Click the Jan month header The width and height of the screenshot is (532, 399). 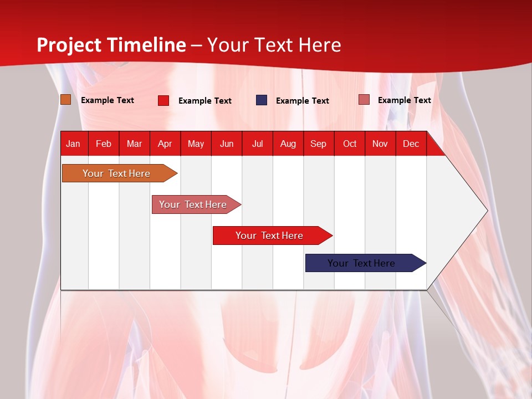pyautogui.click(x=73, y=144)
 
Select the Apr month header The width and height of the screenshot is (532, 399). pyautogui.click(x=165, y=144)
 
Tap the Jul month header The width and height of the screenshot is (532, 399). pyautogui.click(x=257, y=144)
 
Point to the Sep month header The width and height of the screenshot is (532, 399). pyautogui.click(x=318, y=144)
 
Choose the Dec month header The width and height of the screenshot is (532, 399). pyautogui.click(x=411, y=144)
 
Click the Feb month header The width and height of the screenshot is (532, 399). pyautogui.click(x=104, y=144)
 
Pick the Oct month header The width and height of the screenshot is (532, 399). pyautogui.click(x=350, y=144)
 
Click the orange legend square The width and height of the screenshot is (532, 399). pyautogui.click(x=65, y=100)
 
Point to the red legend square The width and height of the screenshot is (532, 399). pyautogui.click(x=163, y=100)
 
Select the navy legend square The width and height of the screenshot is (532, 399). pyautogui.click(x=262, y=100)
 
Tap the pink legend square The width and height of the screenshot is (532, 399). pyautogui.click(x=364, y=100)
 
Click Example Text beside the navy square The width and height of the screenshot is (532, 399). pyautogui.click(x=302, y=101)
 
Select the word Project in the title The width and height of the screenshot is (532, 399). pyautogui.click(x=69, y=45)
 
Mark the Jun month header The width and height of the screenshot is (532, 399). pyautogui.click(x=227, y=144)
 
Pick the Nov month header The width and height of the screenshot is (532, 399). pyautogui.click(x=380, y=144)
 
